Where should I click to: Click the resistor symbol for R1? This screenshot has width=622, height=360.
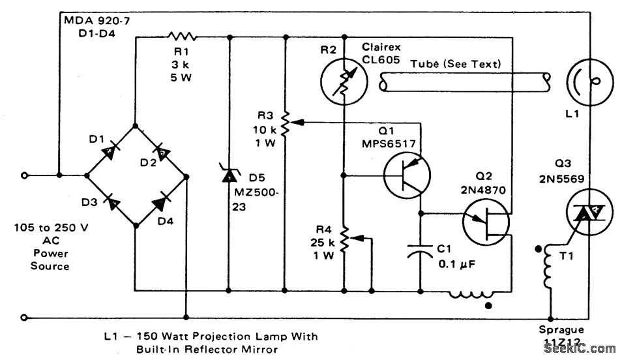[182, 37]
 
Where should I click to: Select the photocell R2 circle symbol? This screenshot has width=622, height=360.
[343, 83]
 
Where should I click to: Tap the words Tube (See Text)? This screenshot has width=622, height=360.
[456, 64]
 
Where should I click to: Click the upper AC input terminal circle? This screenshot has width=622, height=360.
[24, 175]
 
